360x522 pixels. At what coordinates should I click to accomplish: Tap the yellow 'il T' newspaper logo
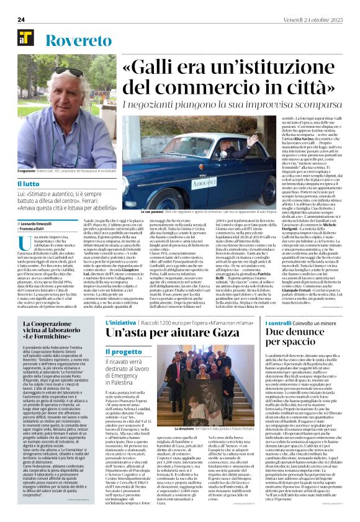25,38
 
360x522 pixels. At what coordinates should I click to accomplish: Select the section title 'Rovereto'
74,40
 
